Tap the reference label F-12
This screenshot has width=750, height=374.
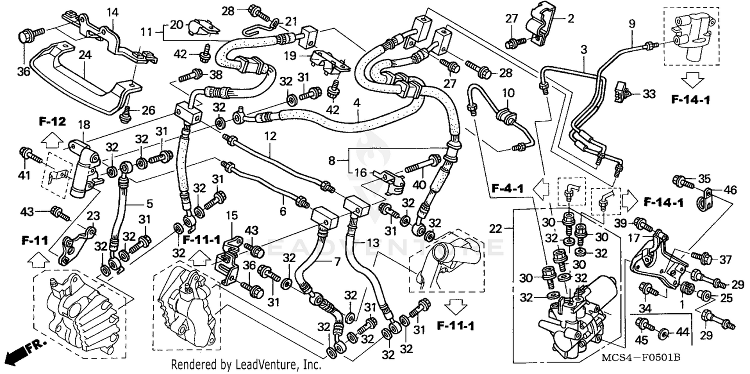click(51, 121)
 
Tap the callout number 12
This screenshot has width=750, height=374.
click(270, 135)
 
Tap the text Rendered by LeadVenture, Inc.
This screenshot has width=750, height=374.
click(245, 365)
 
